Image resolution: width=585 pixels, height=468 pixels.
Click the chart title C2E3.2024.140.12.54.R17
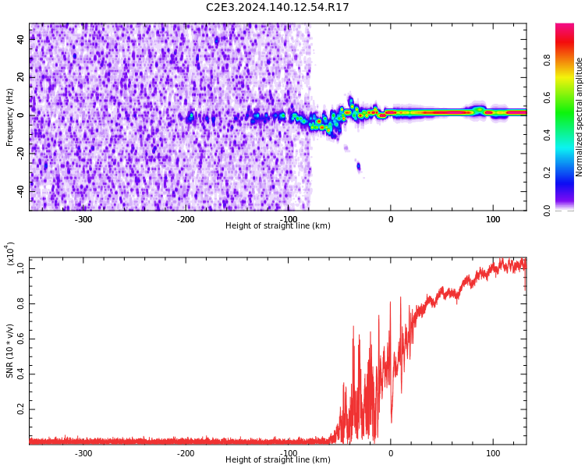(278, 8)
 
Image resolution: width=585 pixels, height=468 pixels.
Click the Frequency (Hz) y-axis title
(10, 117)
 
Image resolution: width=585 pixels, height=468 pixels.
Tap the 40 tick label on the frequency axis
(21, 39)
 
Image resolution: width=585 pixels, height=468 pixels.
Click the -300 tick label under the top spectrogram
(83, 219)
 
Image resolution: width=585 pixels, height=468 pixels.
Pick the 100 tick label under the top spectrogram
(493, 219)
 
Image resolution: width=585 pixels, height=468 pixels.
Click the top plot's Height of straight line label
(278, 226)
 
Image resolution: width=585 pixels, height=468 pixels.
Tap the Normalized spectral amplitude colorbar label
(580, 117)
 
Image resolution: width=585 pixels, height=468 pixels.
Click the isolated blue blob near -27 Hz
(359, 166)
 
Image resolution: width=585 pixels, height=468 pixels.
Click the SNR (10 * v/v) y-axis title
(10, 351)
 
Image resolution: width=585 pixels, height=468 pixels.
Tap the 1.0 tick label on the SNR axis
(20, 268)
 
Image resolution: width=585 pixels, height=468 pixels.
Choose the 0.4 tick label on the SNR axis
(20, 374)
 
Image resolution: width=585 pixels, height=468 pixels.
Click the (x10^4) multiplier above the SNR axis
(10, 253)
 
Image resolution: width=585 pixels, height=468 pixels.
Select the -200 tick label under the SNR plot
(186, 453)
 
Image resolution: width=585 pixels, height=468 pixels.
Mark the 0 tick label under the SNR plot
(391, 453)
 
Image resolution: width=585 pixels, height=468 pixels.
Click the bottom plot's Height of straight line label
(278, 460)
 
